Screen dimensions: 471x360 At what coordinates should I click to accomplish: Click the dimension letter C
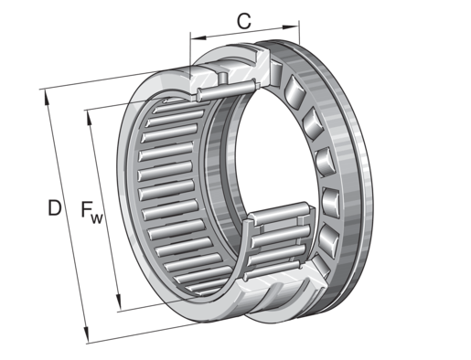point(244,21)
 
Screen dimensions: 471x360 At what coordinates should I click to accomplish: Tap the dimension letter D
point(55,207)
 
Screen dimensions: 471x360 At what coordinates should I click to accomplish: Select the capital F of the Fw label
point(87,208)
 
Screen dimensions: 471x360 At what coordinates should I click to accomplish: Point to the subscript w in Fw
point(97,218)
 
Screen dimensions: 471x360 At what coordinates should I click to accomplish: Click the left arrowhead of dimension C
point(198,37)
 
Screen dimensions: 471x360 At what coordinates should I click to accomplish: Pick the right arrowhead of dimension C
point(290,27)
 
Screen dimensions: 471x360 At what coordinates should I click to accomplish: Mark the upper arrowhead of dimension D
point(47,98)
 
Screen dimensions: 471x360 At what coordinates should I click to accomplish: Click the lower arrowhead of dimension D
point(86,334)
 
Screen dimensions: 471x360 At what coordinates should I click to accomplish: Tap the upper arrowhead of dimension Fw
point(90,119)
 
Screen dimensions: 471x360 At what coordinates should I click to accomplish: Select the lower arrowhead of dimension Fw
point(119,302)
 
